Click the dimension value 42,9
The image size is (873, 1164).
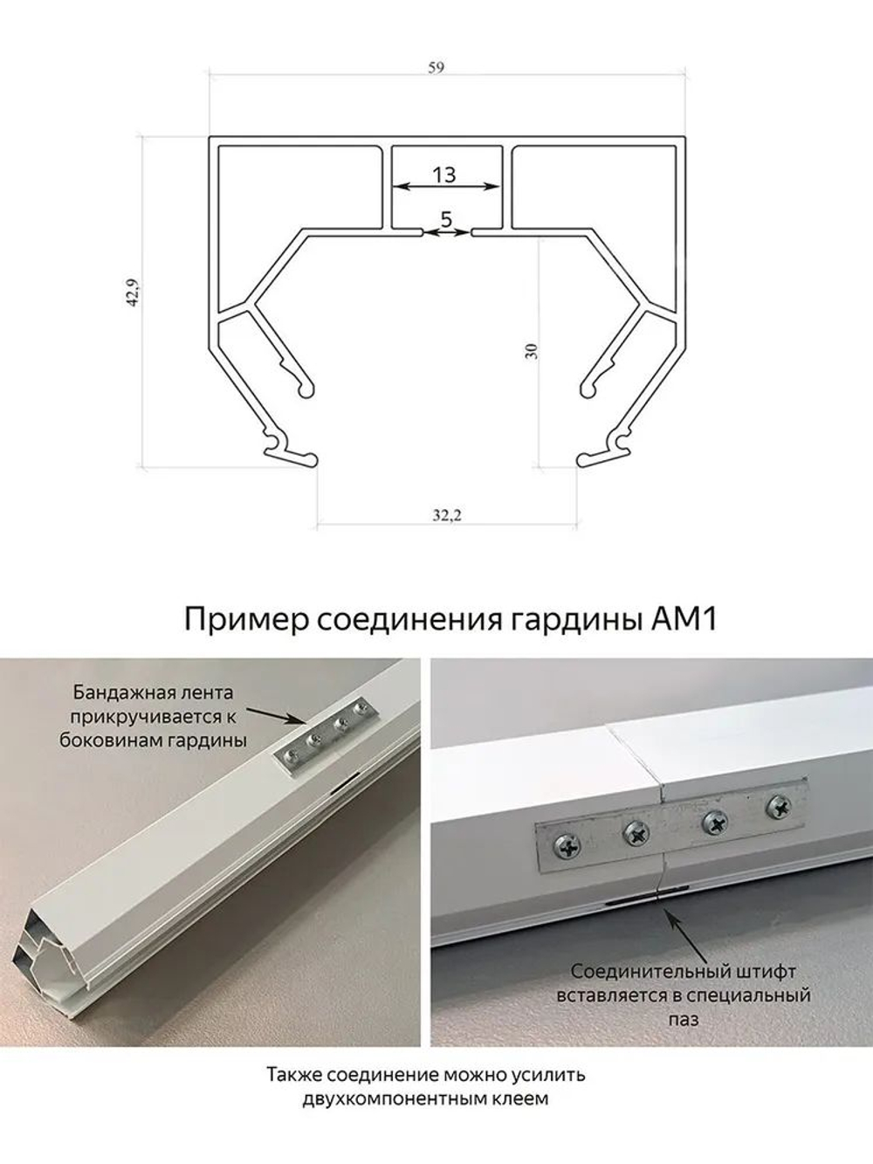click(x=133, y=300)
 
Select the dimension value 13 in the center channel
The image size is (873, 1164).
click(x=444, y=175)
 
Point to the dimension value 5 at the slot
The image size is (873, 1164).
click(x=446, y=220)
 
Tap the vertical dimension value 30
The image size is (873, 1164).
click(x=533, y=350)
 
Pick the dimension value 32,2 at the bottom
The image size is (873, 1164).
click(x=446, y=515)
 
